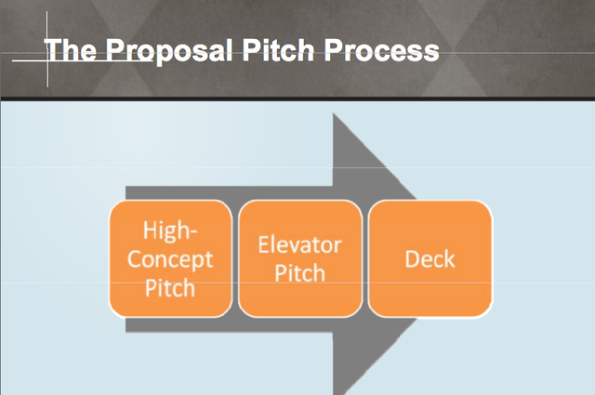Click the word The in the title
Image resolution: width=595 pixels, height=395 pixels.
[71, 49]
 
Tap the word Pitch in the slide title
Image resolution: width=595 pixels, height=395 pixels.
[278, 49]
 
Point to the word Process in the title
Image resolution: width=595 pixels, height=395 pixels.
[382, 49]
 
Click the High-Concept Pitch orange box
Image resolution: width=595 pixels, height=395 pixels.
[170, 258]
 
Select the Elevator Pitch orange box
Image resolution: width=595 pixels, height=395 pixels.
[300, 258]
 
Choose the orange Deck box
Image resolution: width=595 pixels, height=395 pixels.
[430, 258]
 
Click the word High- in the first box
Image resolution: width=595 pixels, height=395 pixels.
[170, 230]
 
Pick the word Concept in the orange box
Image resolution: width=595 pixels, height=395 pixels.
[170, 259]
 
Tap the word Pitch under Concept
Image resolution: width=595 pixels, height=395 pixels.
[170, 287]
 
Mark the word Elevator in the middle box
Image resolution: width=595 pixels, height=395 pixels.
[299, 244]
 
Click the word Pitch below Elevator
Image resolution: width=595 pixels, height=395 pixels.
[299, 273]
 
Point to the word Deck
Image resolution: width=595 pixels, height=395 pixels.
[430, 259]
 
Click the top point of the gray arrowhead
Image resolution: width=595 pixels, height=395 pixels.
[333, 113]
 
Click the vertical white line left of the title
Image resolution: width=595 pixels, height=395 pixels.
[47, 49]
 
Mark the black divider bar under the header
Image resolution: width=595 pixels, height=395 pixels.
[297, 99]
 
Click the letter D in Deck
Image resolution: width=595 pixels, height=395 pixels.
[412, 259]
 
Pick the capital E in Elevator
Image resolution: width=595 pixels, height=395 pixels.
[264, 244]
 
